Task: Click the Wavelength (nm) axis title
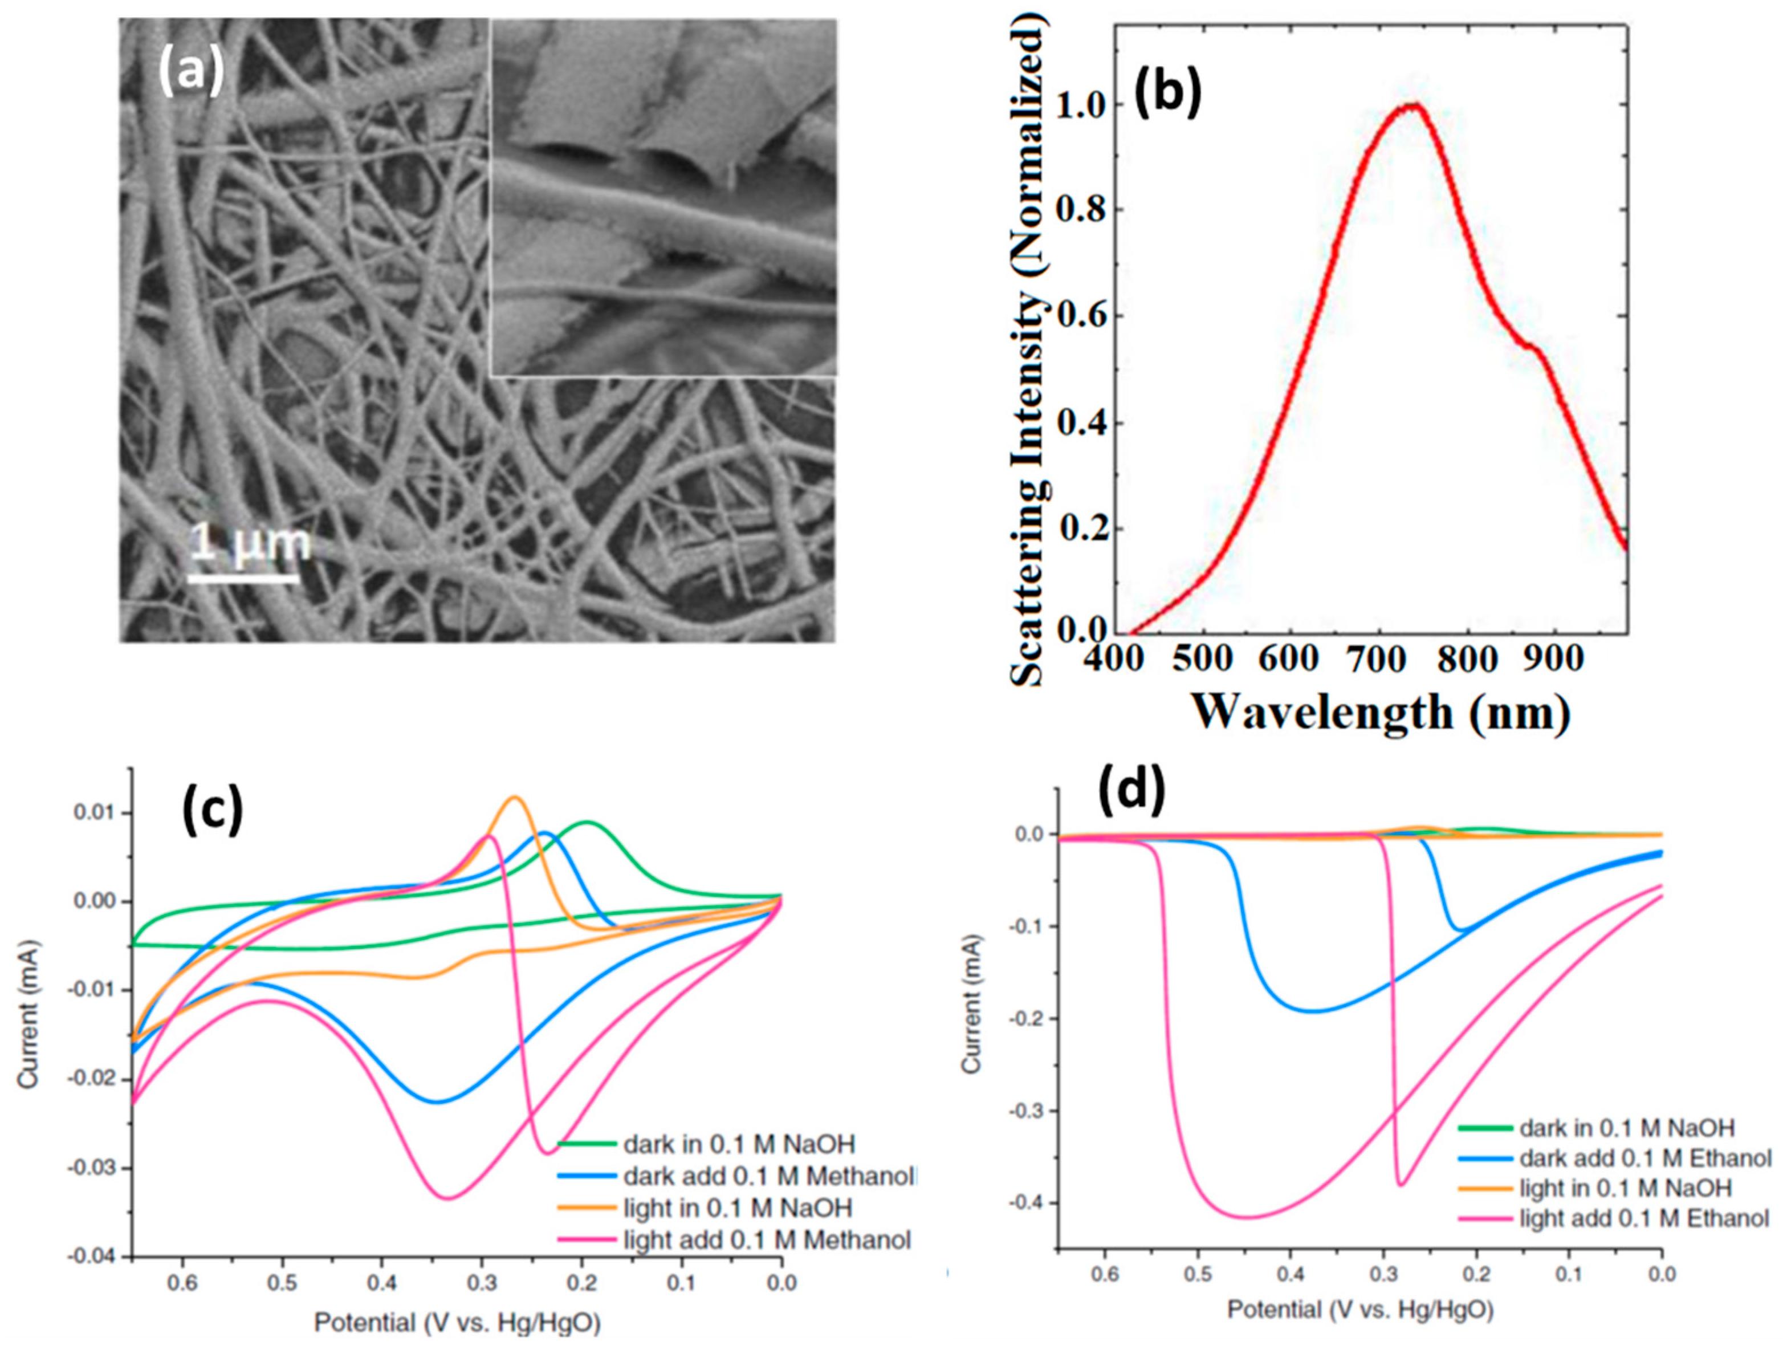pyautogui.click(x=1382, y=713)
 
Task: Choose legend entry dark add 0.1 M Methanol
pyautogui.click(x=769, y=1177)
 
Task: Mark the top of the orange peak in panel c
pyautogui.click(x=514, y=798)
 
